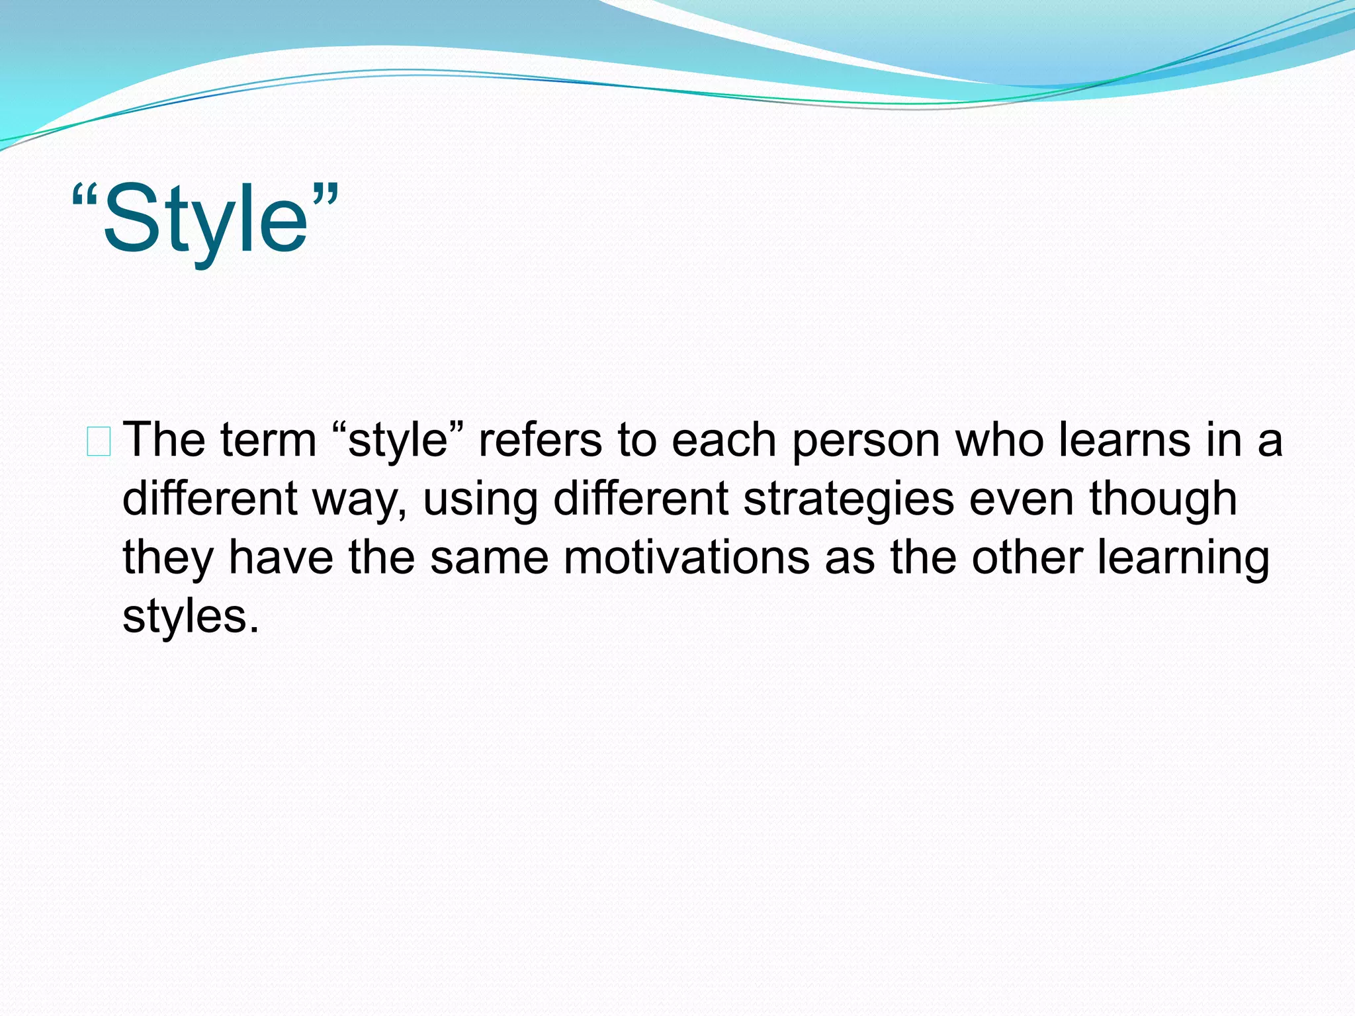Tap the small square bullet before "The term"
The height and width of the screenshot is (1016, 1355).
(99, 442)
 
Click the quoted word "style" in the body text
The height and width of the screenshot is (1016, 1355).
(397, 441)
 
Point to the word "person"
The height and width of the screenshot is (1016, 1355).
(866, 442)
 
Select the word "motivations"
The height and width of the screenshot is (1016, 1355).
(687, 558)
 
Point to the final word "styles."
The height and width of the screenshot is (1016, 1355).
(191, 617)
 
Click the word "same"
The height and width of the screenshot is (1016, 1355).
(490, 558)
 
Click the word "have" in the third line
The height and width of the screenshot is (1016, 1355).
(281, 558)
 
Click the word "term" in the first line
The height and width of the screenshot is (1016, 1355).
(269, 441)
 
